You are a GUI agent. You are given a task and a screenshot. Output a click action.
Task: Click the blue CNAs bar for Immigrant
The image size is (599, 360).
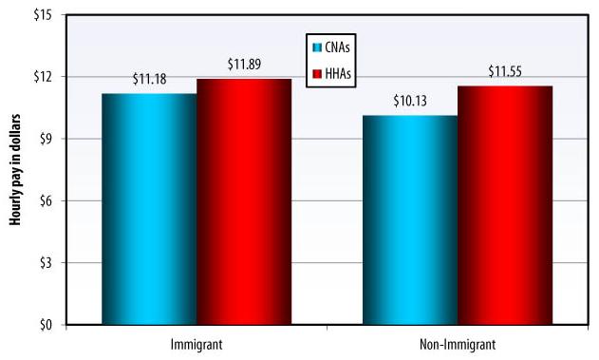[x=149, y=209]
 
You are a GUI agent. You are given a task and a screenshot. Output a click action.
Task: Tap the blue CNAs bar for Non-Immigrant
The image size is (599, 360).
[x=410, y=219]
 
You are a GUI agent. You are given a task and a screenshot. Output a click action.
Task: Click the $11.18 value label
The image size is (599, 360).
[x=151, y=79]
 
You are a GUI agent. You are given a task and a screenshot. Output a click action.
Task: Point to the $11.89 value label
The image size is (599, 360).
[x=245, y=65]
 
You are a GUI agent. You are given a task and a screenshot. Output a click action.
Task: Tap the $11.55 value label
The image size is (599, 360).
[x=506, y=71]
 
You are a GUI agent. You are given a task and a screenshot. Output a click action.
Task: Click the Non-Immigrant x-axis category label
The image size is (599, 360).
[x=458, y=343]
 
